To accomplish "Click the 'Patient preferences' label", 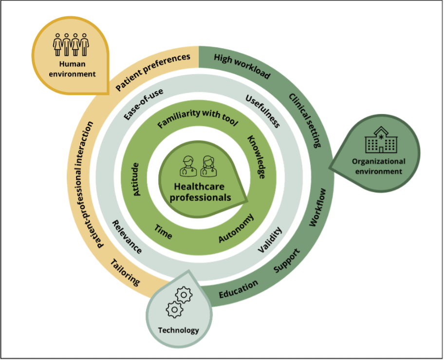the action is pos(153,72).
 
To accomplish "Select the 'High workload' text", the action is pos(242,66).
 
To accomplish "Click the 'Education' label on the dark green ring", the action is pos(239,289).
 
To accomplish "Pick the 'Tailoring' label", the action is pos(125,272).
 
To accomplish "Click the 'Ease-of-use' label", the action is pos(144,104).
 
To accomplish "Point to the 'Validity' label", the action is pos(270,240).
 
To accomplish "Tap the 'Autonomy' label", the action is pos(236,228).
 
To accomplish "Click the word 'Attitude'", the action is pos(136,179).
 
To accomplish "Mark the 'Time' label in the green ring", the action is pos(163,232).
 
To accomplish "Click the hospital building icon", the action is pos(381,140).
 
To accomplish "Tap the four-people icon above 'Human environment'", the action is pos(71,44).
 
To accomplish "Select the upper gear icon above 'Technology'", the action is pos(184,295).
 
